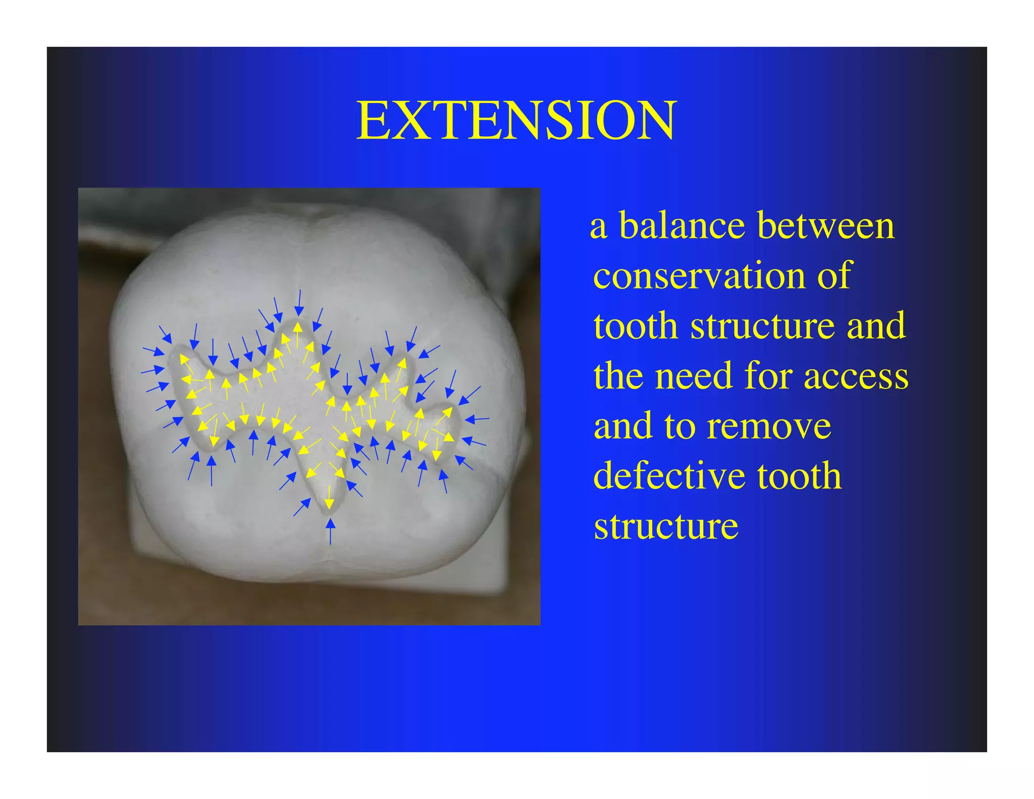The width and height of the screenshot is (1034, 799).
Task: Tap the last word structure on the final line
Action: [x=666, y=526]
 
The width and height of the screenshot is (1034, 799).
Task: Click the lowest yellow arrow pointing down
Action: [x=329, y=497]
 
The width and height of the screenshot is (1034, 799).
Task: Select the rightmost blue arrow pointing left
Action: [x=477, y=419]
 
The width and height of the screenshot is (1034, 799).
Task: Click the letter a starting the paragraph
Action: [x=598, y=226]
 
